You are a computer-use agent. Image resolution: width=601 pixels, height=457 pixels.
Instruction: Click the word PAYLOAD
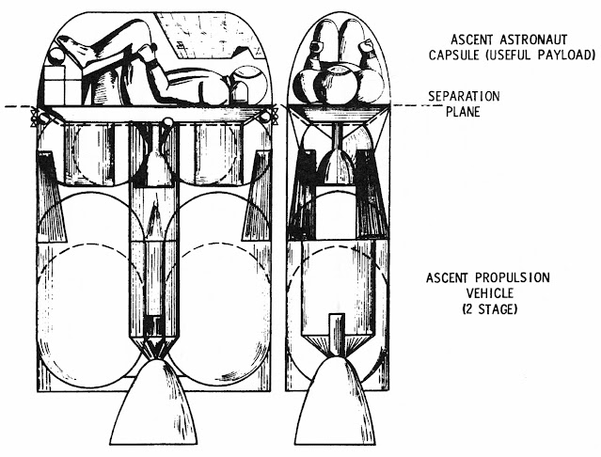coord(570,56)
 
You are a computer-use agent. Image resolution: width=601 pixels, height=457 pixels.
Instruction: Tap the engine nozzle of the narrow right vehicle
coord(335,402)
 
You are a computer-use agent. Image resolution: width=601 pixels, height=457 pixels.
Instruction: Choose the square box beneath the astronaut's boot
coord(61,91)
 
